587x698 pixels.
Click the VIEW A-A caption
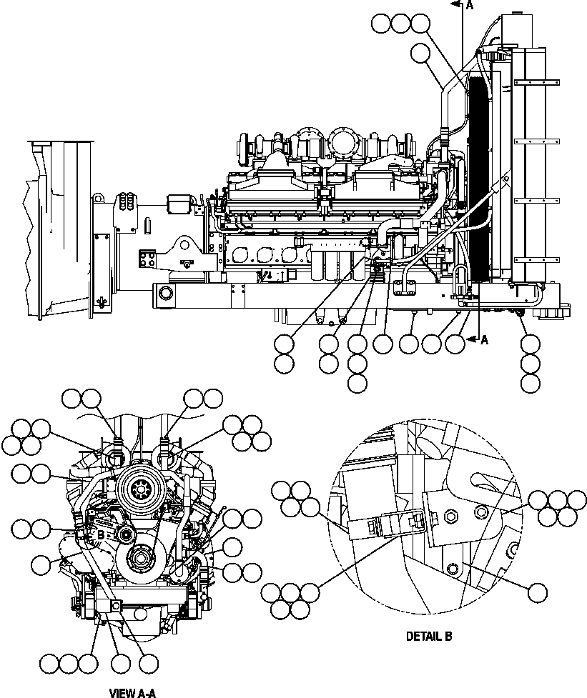pos(132,692)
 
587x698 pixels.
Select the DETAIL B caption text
pos(428,636)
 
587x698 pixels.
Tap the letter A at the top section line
pos(470,6)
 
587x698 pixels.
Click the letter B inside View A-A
pos(101,533)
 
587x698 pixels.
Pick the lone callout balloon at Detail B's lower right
pos(537,592)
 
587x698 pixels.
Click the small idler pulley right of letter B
pos(127,535)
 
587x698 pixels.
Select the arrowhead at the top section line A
pos(454,5)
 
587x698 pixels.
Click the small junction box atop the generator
pos(179,203)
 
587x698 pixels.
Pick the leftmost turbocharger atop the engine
pos(247,146)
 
